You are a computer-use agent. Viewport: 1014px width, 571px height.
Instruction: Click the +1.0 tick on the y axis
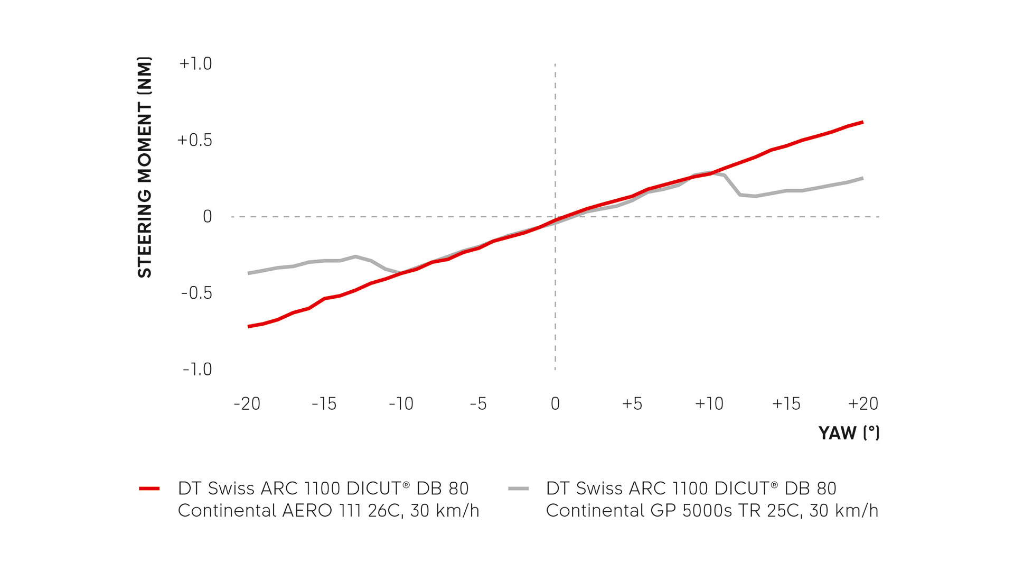(195, 63)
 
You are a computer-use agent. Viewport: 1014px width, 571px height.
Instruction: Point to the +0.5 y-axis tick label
(194, 140)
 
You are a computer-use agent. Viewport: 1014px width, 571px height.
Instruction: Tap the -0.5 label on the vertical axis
(196, 293)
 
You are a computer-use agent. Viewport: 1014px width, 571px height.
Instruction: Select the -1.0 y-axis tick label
(197, 369)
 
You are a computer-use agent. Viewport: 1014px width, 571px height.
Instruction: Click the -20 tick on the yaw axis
(247, 404)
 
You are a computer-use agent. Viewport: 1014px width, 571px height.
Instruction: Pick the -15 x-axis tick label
(324, 404)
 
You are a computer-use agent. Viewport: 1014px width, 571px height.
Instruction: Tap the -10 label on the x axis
(401, 404)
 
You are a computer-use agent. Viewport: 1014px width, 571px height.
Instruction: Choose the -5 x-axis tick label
(478, 404)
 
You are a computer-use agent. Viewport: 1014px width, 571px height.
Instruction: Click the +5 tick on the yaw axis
(632, 404)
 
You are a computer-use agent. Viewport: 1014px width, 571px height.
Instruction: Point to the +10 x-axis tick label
(709, 404)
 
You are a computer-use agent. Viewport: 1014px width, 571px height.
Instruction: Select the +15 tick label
(786, 404)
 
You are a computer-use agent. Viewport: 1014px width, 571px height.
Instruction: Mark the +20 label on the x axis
(863, 404)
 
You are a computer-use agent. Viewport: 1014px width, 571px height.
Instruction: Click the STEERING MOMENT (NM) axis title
(145, 167)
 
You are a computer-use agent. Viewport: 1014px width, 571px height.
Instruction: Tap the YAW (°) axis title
(849, 433)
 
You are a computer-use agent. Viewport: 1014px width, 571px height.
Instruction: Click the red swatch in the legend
(149, 489)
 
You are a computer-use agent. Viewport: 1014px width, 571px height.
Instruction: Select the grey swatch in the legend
(518, 489)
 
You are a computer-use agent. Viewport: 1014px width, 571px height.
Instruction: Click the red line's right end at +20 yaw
(862, 122)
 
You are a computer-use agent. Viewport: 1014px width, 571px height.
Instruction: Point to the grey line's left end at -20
(249, 273)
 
